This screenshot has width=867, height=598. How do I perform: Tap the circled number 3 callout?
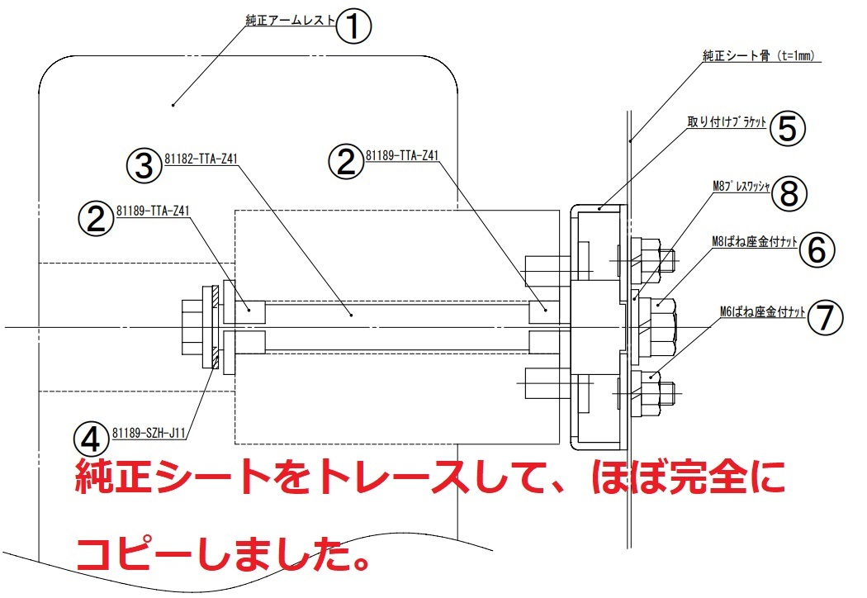coord(144,164)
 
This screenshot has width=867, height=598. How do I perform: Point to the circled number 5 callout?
coord(787,127)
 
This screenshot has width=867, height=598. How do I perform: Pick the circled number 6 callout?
coord(816,249)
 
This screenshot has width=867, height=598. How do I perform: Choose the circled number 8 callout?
coord(789,194)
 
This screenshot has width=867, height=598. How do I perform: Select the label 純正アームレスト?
coord(291,20)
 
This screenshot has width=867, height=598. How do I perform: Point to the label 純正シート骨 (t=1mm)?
coord(758,56)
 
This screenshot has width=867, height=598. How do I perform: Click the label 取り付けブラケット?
coord(727,121)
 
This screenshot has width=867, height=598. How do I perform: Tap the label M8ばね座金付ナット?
coord(754,241)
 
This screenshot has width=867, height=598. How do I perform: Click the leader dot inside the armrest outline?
coord(174,104)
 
